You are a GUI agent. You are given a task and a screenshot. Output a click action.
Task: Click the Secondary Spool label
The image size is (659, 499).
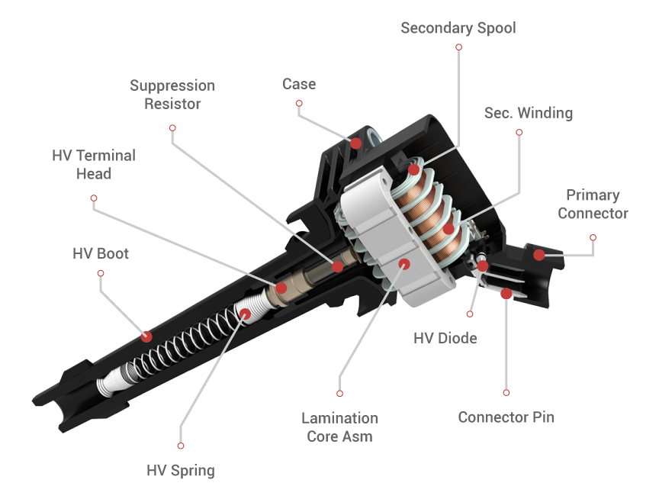(458, 28)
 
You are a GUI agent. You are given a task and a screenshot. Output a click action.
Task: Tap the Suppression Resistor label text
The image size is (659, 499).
(172, 95)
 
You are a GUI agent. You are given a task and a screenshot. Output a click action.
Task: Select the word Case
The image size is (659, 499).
(299, 84)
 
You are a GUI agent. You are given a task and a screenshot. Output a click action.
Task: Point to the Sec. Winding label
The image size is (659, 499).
(528, 113)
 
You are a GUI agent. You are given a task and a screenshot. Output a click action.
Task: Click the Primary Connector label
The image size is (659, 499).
(593, 204)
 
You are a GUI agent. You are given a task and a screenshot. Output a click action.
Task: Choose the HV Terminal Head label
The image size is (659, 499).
(94, 164)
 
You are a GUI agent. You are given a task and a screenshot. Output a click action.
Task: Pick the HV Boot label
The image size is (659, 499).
(101, 253)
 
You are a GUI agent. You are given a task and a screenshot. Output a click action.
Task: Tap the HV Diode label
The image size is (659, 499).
(445, 337)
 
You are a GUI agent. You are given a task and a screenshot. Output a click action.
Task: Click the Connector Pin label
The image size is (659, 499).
(506, 417)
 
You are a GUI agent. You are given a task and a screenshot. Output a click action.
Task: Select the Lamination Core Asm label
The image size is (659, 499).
(339, 427)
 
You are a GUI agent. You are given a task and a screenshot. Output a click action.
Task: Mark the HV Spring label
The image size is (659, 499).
(181, 470)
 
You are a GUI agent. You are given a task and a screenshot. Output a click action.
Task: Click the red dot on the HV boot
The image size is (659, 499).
(146, 336)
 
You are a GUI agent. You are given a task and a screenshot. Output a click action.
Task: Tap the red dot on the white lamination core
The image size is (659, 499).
(404, 264)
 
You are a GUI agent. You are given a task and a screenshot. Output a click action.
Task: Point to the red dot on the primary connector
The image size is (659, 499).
(539, 255)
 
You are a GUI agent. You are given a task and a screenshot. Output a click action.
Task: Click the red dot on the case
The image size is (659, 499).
(355, 143)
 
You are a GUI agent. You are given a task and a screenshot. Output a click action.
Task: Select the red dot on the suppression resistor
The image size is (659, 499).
(337, 266)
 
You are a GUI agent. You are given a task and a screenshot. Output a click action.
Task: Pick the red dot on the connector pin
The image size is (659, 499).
(505, 292)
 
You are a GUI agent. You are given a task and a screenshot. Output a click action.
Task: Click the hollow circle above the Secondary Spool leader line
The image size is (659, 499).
(458, 47)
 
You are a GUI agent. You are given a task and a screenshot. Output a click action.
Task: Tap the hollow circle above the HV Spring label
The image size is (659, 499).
(181, 445)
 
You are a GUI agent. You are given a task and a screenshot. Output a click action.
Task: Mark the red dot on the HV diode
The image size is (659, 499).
(482, 266)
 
